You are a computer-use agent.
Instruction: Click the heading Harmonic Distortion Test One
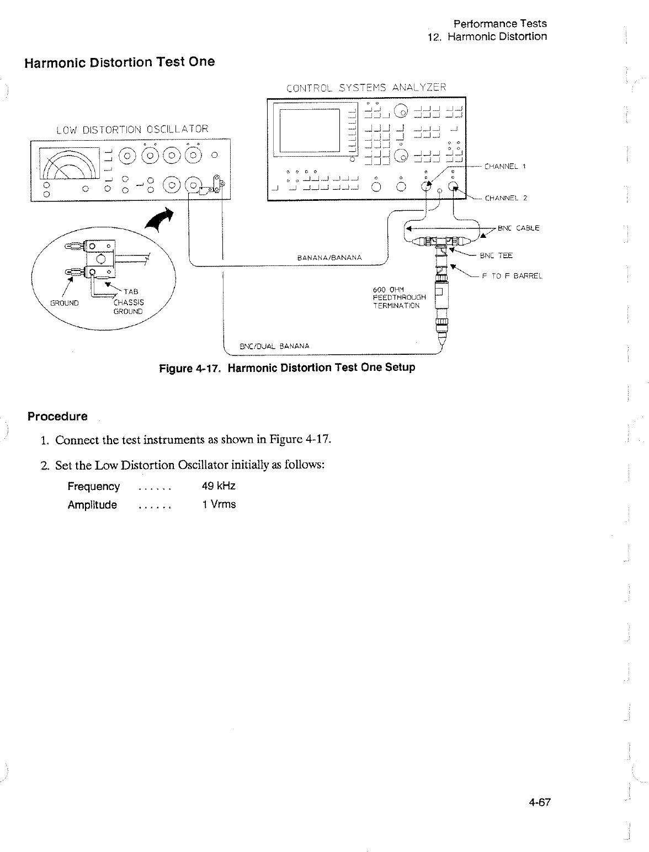click(x=119, y=62)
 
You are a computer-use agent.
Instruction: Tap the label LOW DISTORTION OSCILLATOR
click(x=132, y=130)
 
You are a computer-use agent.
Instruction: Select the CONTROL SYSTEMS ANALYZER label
click(x=366, y=87)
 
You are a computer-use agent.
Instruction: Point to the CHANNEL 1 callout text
click(x=505, y=166)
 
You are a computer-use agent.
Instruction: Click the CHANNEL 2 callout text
click(x=506, y=198)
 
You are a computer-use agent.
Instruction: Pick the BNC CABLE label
click(x=518, y=228)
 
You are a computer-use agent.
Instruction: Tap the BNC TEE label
click(x=496, y=255)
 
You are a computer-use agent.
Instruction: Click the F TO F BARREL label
click(x=512, y=276)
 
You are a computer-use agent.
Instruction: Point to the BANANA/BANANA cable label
click(x=329, y=257)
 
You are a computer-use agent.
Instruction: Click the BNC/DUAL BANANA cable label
click(x=274, y=347)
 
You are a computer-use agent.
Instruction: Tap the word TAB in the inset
click(x=131, y=291)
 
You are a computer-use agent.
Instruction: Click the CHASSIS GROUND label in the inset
click(x=128, y=306)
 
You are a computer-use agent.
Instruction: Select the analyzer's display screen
click(x=309, y=130)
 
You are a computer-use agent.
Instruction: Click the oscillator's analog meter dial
click(x=66, y=164)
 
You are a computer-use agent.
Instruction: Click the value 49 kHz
click(x=219, y=486)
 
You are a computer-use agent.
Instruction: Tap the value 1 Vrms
click(x=219, y=504)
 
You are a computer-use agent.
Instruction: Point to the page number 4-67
click(x=540, y=803)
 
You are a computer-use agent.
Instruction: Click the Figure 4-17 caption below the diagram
click(x=287, y=368)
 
